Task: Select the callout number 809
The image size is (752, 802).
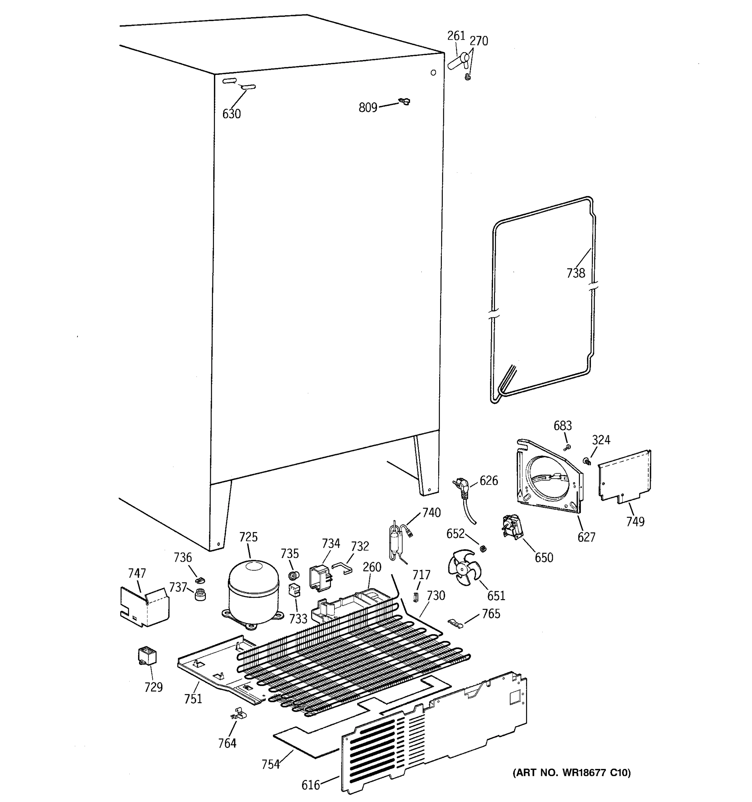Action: pos(368,108)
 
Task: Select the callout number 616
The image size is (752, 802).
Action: pos(310,785)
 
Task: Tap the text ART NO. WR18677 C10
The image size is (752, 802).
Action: pos(571,773)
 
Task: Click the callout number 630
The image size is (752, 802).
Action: pos(232,114)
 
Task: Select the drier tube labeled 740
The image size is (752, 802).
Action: pos(395,541)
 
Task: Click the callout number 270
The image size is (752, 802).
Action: pos(479,41)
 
